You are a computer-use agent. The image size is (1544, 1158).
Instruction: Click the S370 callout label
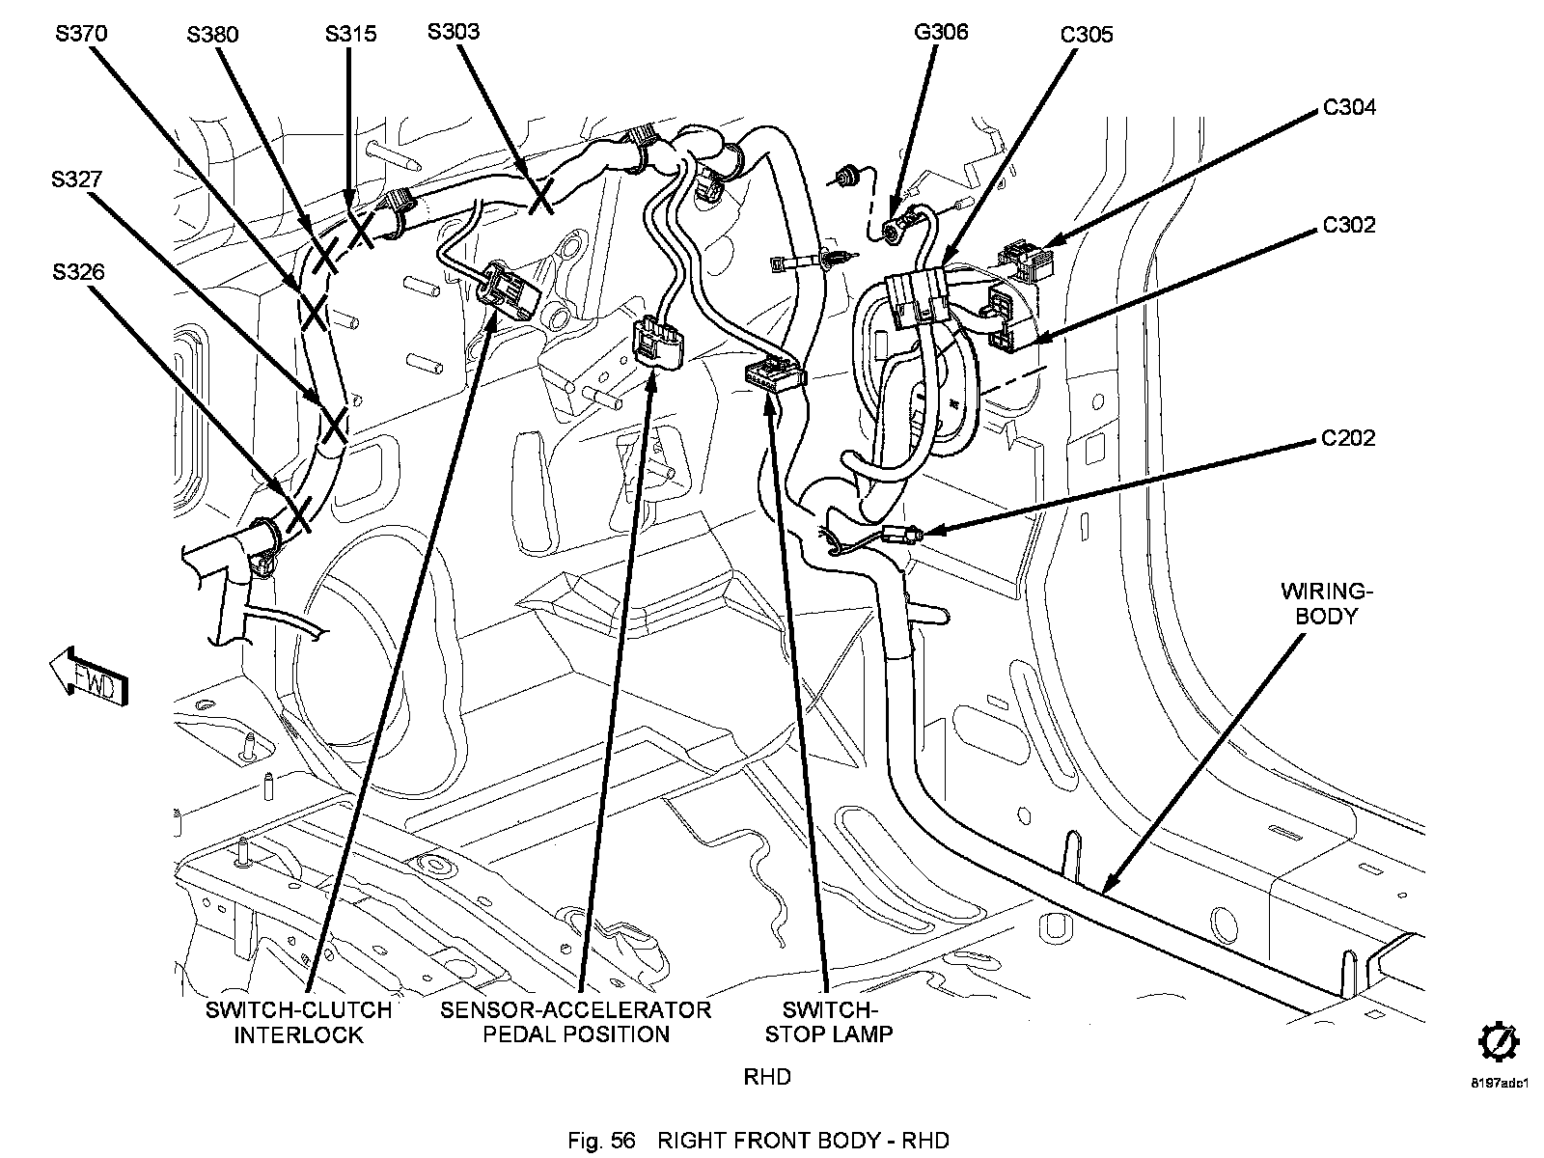tap(82, 34)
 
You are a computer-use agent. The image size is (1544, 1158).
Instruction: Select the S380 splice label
tap(212, 35)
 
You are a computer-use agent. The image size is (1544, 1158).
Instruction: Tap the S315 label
tap(350, 34)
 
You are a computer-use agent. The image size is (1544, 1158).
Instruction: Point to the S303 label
tap(454, 32)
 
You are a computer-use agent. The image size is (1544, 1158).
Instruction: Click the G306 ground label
tap(941, 32)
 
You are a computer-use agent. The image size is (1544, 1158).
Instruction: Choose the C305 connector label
tap(1087, 35)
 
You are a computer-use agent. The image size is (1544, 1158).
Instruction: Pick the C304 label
tap(1349, 107)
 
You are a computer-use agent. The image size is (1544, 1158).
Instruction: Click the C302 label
tap(1349, 225)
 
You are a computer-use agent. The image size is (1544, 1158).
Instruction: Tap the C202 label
tap(1348, 438)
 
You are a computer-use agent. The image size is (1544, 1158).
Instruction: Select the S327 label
tap(76, 179)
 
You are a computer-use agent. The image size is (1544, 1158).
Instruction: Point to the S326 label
tap(78, 272)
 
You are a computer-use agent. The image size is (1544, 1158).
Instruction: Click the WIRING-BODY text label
tap(1326, 603)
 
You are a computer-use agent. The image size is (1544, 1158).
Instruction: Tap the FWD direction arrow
tap(89, 675)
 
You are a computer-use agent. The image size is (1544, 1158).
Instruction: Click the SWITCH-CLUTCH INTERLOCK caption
tap(298, 1022)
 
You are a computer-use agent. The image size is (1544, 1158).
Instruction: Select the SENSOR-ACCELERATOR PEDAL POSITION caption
tap(575, 1022)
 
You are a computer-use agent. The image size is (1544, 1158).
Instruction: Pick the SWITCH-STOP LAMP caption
tap(829, 1022)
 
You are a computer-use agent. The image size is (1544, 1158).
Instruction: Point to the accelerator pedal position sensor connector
tap(659, 344)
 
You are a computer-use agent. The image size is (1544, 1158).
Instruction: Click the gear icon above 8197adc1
tap(1499, 1043)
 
